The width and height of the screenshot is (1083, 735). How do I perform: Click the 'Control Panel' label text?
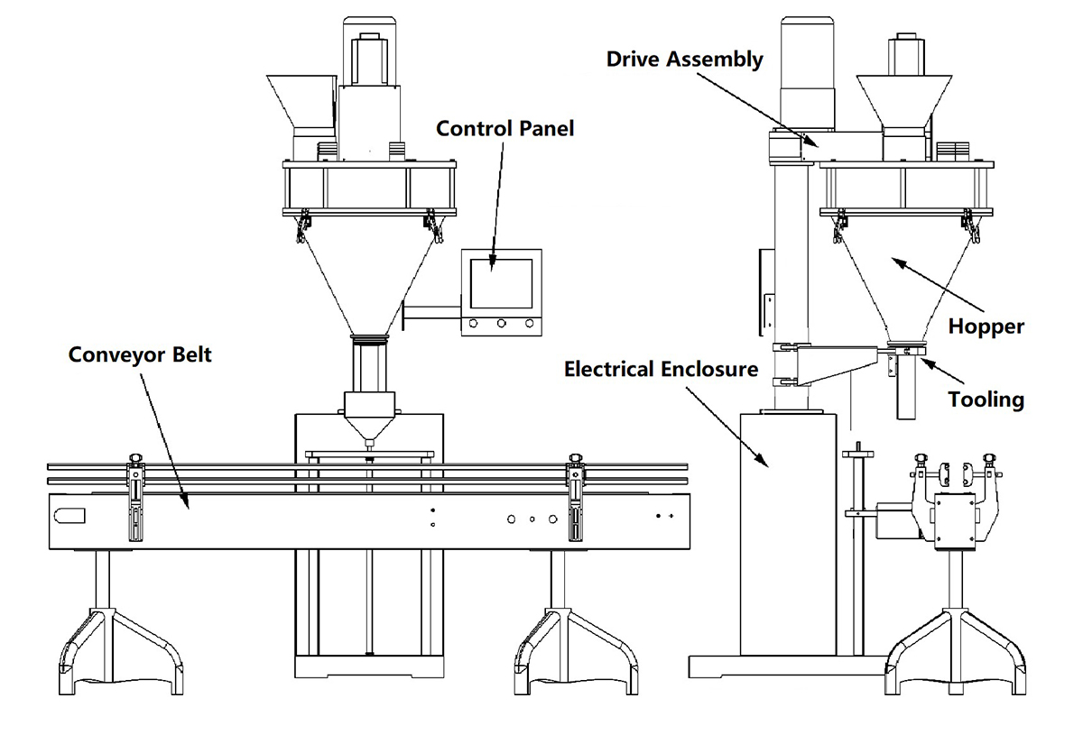(x=504, y=128)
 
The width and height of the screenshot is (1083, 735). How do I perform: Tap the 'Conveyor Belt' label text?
(x=140, y=354)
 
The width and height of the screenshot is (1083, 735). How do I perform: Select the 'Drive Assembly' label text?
(x=684, y=60)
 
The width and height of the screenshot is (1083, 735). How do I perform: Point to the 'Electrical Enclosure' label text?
(x=661, y=369)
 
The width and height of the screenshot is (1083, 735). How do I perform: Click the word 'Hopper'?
(x=986, y=326)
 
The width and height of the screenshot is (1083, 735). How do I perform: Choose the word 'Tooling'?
(x=986, y=398)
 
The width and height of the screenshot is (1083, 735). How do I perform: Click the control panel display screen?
(x=501, y=280)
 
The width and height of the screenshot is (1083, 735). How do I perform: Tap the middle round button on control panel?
(x=501, y=323)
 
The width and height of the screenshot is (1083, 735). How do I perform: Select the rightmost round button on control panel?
(x=529, y=323)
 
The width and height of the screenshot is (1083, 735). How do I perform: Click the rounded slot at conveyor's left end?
(x=69, y=517)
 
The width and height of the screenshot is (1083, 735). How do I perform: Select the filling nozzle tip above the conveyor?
(x=368, y=444)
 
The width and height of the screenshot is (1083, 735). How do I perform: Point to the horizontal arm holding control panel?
(x=431, y=312)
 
